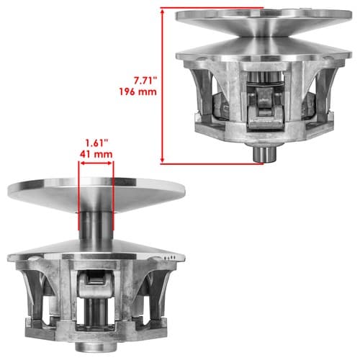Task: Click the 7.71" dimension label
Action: point(145,81)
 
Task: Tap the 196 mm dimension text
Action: point(138,91)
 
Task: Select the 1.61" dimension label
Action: point(96,143)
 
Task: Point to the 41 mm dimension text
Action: point(96,154)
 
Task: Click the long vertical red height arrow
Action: point(163,86)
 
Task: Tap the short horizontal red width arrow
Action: point(96,163)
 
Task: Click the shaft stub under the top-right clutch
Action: point(265,153)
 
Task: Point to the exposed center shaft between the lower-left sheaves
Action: point(96,225)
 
